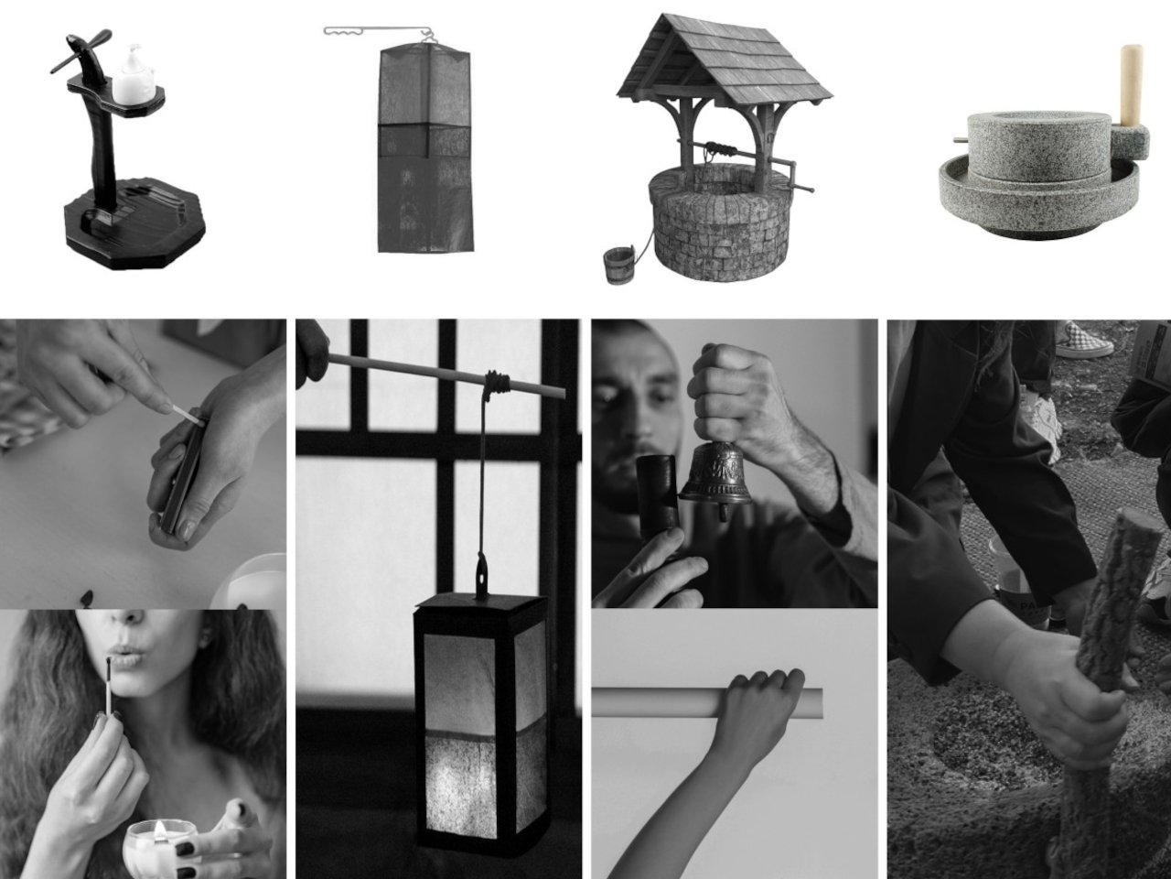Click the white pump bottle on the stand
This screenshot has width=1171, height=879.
click(x=131, y=74)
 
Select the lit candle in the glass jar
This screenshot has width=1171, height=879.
click(x=160, y=842)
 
